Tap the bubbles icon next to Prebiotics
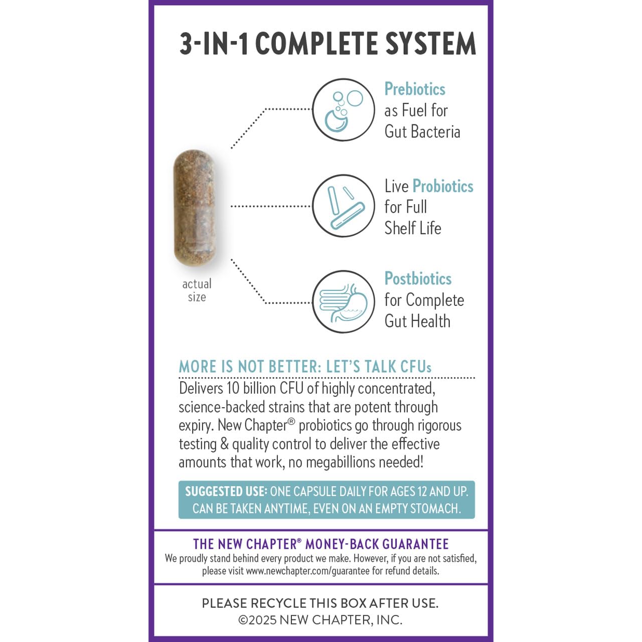click(x=344, y=110)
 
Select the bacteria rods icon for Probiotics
click(x=344, y=206)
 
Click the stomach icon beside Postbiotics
click(x=344, y=302)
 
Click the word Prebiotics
click(x=415, y=89)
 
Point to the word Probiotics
click(x=443, y=186)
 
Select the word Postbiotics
click(x=418, y=278)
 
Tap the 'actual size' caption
click(x=197, y=290)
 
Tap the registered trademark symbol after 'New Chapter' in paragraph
click(x=291, y=422)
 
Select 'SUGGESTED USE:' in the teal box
click(x=226, y=492)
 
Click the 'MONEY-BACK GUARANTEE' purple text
click(x=377, y=544)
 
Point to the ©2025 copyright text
click(x=257, y=620)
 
